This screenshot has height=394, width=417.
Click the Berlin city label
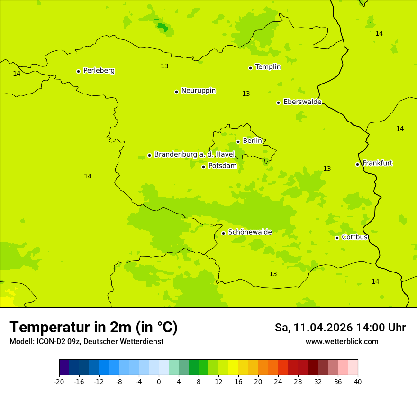pos(252,141)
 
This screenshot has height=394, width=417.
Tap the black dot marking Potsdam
pos(204,167)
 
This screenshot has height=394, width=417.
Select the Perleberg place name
pos(99,71)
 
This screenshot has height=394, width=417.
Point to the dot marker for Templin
pos(251,68)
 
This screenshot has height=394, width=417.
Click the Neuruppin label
pos(198,91)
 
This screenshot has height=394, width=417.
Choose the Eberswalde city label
pos(302,102)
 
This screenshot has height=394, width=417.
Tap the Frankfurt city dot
pos(358,164)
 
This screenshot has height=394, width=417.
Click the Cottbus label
pos(354,237)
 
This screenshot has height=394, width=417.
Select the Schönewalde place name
pos(250,232)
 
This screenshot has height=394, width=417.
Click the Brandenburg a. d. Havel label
pos(194,155)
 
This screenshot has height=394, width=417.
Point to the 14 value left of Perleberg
pos(17,74)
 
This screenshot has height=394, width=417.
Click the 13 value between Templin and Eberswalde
pos(246,94)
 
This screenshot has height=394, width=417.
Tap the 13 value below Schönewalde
pos(273,274)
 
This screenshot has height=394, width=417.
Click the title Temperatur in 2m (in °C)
pos(93,328)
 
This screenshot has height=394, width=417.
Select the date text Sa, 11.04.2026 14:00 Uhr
pos(340,328)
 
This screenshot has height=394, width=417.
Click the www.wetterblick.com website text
pos(342,342)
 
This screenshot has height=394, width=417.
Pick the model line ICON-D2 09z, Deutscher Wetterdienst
pos(86,342)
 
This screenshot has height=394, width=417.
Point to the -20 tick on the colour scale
pos(59,382)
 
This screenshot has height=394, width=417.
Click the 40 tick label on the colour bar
pos(358,382)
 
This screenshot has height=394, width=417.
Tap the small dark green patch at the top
pos(163,27)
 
